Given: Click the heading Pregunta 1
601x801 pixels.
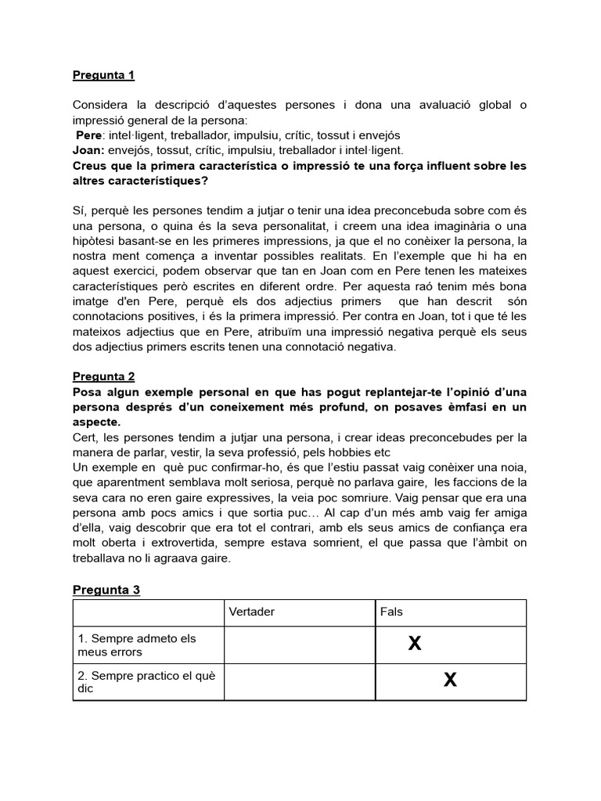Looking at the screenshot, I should pyautogui.click(x=103, y=75).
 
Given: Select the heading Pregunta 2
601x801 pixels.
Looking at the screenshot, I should pyautogui.click(x=103, y=375).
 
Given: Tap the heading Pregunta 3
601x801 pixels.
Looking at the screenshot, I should pyautogui.click(x=106, y=589).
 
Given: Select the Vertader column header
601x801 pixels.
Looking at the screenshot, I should pyautogui.click(x=252, y=612).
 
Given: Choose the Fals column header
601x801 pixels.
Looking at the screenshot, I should pyautogui.click(x=391, y=612).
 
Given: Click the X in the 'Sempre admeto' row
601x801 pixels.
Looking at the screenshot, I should pyautogui.click(x=415, y=644).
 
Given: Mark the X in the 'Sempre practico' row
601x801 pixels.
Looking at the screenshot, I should pyautogui.click(x=450, y=680).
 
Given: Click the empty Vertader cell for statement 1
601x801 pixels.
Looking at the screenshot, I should pyautogui.click(x=298, y=645).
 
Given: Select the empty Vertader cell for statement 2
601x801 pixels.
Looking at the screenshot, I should pyautogui.click(x=298, y=681).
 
